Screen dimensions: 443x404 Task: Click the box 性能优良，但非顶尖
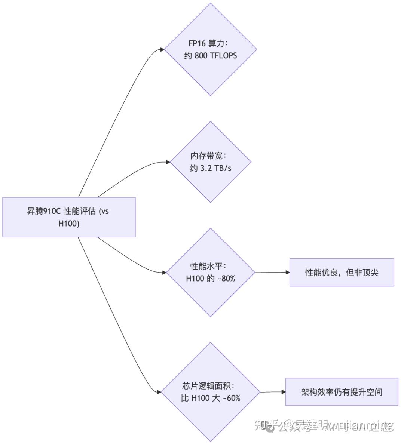342,273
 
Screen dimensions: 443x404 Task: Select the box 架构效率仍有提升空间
342,392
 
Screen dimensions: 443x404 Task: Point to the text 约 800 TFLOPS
211,56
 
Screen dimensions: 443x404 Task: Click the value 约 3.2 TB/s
211,168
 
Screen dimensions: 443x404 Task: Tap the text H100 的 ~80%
211,279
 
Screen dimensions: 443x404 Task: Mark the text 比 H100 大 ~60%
211,398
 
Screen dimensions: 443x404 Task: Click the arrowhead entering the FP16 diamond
162,49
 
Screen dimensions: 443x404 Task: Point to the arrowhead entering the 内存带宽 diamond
168,162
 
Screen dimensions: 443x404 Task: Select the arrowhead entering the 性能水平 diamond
164,273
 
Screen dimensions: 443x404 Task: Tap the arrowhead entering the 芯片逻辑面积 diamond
159,392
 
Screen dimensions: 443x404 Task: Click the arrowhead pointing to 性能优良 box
287,273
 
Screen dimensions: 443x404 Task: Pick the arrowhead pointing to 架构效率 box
284,392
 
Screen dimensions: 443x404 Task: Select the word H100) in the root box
69,224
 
